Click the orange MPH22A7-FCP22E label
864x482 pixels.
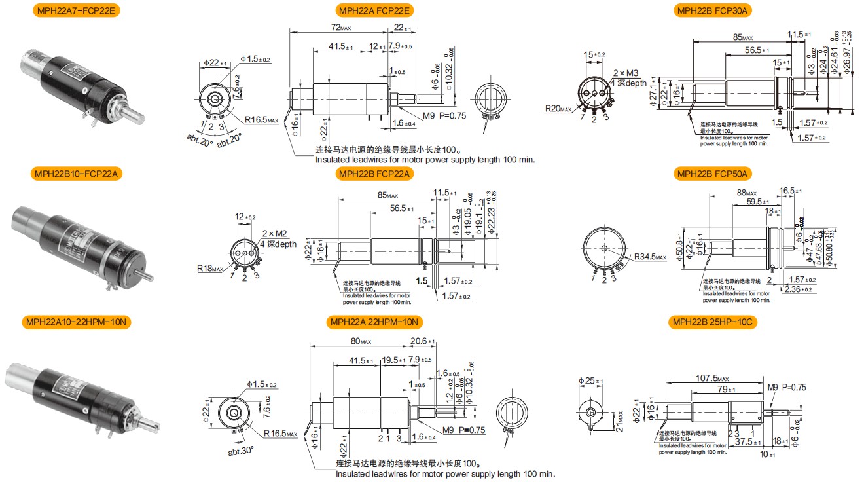tap(77, 10)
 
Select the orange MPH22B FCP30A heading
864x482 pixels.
tap(712, 10)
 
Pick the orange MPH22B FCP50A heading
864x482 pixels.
tap(712, 174)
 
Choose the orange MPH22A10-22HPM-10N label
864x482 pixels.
tap(77, 322)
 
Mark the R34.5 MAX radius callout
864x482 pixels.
tap(649, 257)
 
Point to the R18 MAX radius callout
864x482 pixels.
tap(211, 268)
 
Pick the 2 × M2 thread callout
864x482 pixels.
tap(274, 234)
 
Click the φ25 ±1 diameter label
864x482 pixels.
tap(591, 381)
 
